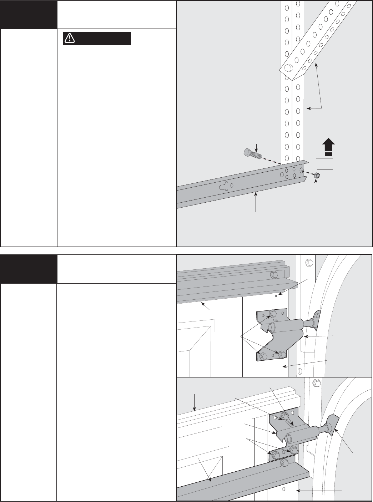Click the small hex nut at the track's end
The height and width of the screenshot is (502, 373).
pyautogui.click(x=316, y=175)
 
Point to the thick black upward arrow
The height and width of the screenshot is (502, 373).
pyautogui.click(x=328, y=147)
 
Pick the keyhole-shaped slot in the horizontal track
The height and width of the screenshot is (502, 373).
pyautogui.click(x=223, y=186)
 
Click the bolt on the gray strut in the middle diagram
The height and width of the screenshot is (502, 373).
pyautogui.click(x=274, y=275)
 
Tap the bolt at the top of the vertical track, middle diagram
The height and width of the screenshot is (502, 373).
pyautogui.click(x=308, y=263)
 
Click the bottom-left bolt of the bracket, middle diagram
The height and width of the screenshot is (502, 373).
pyautogui.click(x=264, y=356)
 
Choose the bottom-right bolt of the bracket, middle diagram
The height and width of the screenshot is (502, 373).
pyautogui.click(x=282, y=354)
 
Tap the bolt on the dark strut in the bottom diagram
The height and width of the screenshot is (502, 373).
pyautogui.click(x=284, y=463)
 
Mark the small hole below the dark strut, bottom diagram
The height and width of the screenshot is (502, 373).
pyautogui.click(x=283, y=489)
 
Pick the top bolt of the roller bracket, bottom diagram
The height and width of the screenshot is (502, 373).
pyautogui.click(x=284, y=416)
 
